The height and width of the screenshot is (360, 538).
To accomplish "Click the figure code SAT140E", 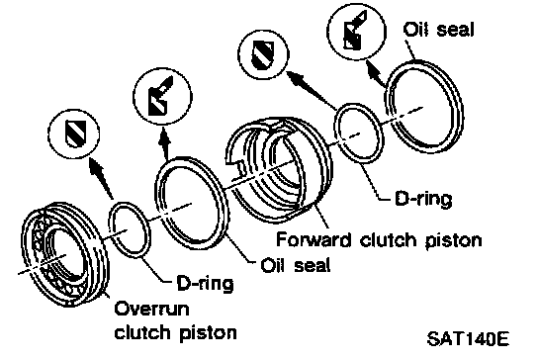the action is [x=468, y=338].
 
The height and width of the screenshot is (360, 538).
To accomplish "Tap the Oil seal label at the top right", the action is [x=439, y=29].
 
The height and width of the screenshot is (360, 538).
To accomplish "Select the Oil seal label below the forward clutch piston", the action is [x=296, y=265].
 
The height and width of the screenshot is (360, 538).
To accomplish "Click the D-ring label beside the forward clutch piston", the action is [x=423, y=199].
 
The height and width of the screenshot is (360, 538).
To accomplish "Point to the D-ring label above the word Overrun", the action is [x=205, y=283].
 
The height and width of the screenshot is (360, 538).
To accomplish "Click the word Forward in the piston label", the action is [x=314, y=239].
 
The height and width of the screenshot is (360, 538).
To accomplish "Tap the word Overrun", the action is [x=151, y=309].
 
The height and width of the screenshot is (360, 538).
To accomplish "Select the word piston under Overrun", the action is [x=208, y=333].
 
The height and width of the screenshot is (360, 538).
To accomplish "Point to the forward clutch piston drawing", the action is [x=279, y=168].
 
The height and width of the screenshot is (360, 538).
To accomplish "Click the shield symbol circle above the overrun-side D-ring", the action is [x=74, y=134].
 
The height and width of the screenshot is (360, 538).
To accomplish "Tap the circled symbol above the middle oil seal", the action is [x=162, y=97].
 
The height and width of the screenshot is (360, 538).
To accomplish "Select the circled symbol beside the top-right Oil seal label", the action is [x=356, y=31].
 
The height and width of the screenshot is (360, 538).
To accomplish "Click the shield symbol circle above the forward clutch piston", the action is [x=264, y=54].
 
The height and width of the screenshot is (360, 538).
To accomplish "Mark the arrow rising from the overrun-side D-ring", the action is [x=101, y=178].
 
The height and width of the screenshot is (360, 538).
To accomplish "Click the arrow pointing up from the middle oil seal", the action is [x=165, y=143].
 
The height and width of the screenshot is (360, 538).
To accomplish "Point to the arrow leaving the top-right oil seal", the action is [x=376, y=73].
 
